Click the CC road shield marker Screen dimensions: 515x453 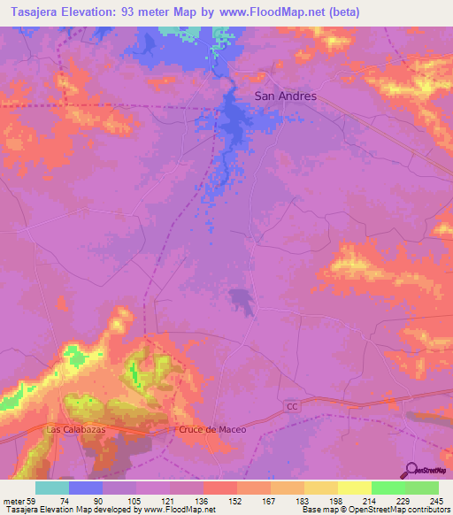coord(294,404)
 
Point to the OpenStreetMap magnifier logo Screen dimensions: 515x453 coord(412,470)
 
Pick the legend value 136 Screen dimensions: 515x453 coord(203,500)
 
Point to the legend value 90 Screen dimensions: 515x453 coord(100,500)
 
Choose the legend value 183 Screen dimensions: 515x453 coord(303,500)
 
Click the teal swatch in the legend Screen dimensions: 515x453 coord(51,488)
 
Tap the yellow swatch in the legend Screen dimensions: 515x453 coord(354,488)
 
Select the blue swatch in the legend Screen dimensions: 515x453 coord(85,488)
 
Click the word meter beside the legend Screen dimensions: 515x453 coord(12,500)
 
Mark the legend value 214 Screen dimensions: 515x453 coord(371,500)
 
